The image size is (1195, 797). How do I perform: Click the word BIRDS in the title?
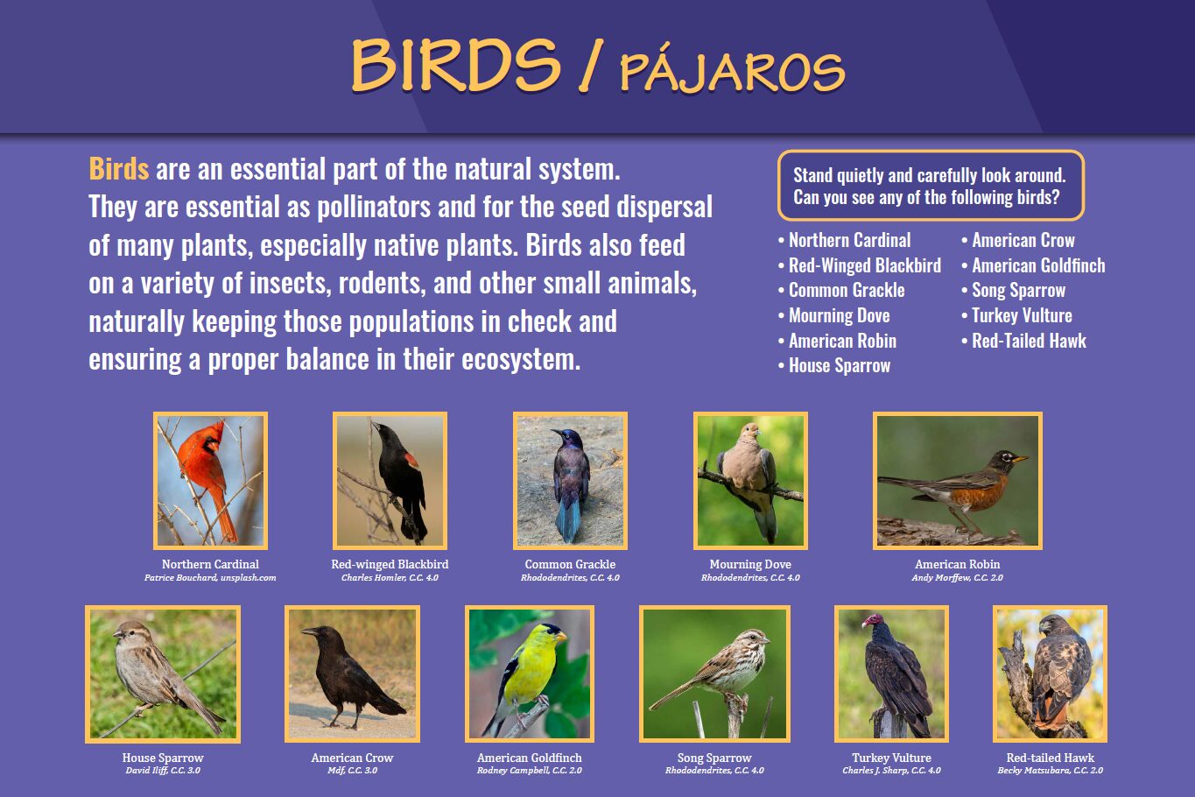(456, 65)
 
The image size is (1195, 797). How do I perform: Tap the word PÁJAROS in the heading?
(733, 73)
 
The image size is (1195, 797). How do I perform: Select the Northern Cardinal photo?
(210, 481)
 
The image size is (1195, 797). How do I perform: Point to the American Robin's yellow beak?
(1020, 459)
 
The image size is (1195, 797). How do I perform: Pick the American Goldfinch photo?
(529, 674)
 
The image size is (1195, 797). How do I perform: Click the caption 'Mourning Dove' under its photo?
(750, 564)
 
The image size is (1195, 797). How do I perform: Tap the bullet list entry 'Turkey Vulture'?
(1022, 315)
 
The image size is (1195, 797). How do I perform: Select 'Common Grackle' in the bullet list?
(847, 291)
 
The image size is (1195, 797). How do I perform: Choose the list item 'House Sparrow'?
(840, 366)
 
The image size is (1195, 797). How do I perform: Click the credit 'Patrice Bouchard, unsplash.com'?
(210, 577)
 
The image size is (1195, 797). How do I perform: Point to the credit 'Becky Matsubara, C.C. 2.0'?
(1050, 771)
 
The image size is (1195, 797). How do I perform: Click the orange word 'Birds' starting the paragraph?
(118, 169)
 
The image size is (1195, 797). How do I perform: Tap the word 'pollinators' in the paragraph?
(374, 207)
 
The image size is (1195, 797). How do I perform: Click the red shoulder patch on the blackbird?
(411, 460)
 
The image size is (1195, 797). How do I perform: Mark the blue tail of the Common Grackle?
(569, 521)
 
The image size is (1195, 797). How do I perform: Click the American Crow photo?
(352, 674)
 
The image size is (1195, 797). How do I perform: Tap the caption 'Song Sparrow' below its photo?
(714, 758)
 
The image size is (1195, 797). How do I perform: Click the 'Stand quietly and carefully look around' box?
(931, 186)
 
